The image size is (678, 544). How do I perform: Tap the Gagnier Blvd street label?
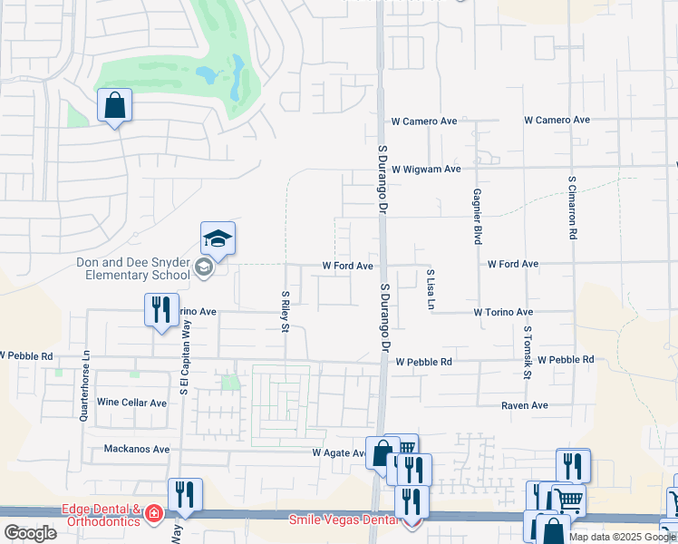476,217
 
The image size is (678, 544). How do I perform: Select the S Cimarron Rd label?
573,207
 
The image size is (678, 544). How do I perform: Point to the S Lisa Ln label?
431,287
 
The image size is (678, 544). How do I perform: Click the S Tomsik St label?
526,354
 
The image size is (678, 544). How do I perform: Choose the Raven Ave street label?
525,405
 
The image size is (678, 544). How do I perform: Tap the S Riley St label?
285,311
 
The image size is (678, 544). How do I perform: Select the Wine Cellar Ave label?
131,403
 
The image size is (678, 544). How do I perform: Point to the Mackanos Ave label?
137,449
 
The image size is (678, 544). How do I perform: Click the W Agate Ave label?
338,452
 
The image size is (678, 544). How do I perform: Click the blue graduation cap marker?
218,239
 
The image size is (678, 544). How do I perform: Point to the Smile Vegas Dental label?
344,520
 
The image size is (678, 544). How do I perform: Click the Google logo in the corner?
30,533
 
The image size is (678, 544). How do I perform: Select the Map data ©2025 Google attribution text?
622,537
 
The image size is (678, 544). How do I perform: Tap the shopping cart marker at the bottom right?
567,500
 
